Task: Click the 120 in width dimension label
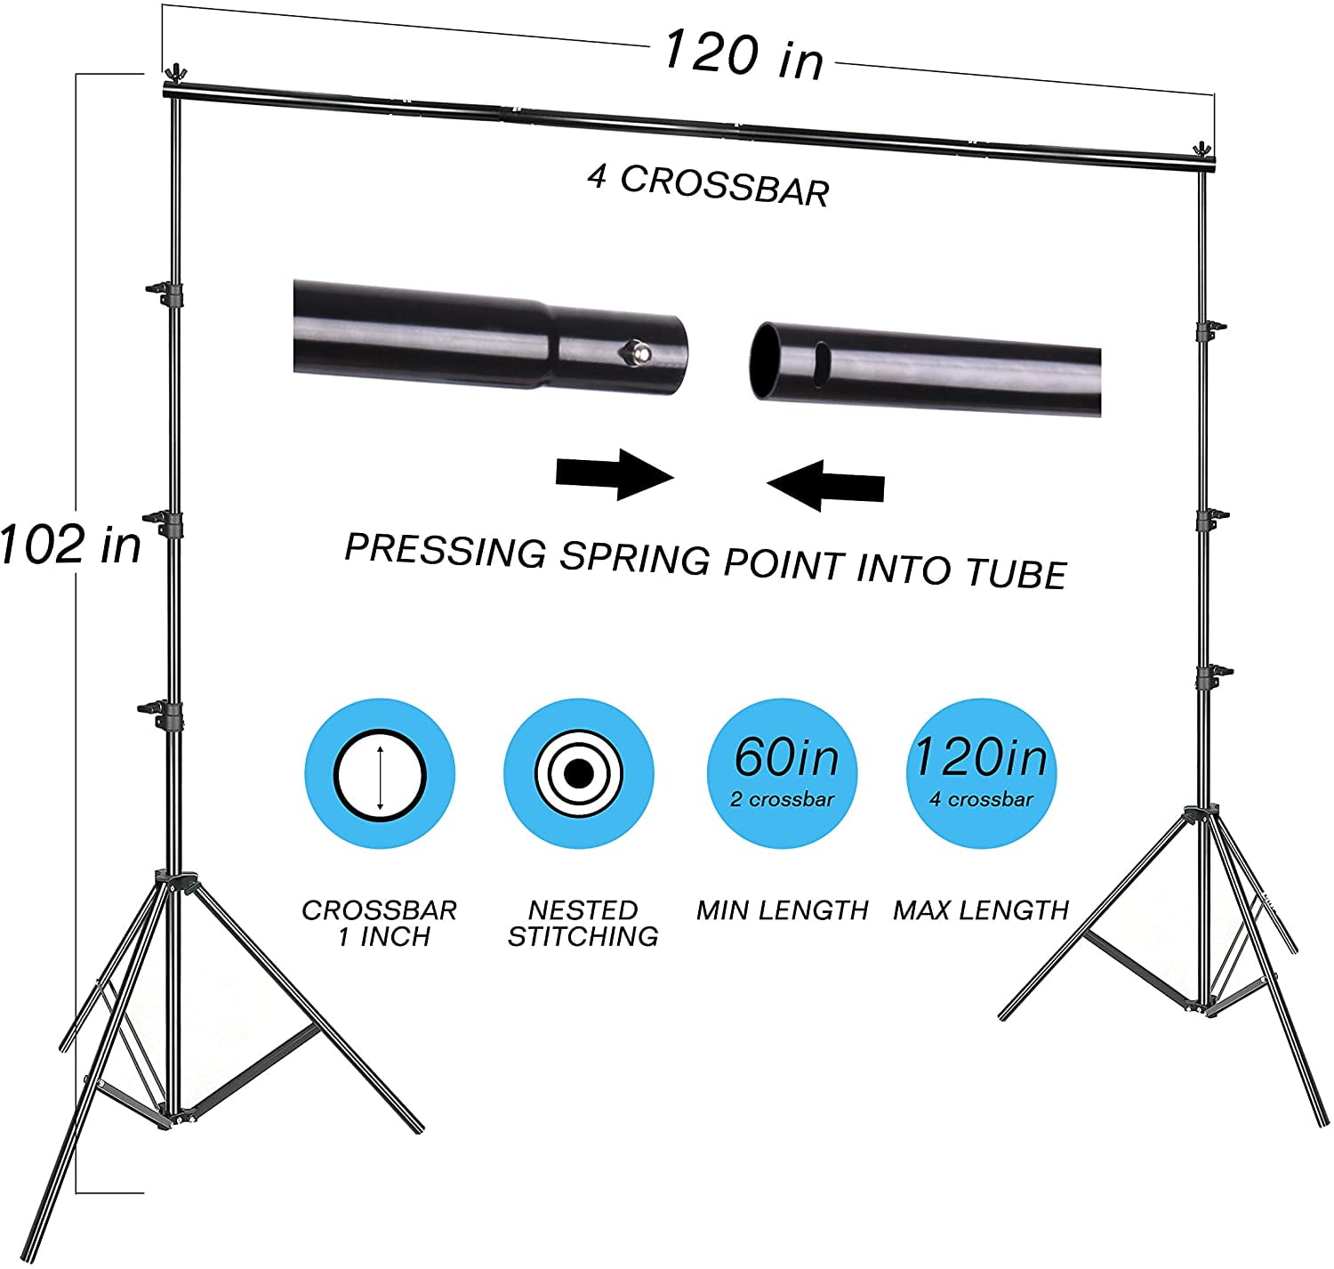pyautogui.click(x=743, y=55)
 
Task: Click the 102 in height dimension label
pyautogui.click(x=70, y=544)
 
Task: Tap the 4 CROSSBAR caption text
pyautogui.click(x=709, y=185)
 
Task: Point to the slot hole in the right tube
pyautogui.click(x=823, y=364)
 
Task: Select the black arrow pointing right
pyautogui.click(x=615, y=474)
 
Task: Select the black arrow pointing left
pyautogui.click(x=825, y=485)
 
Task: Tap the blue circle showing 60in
pyautogui.click(x=783, y=773)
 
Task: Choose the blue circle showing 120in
pyautogui.click(x=981, y=773)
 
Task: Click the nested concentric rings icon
pyautogui.click(x=579, y=773)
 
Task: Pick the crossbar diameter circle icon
pyautogui.click(x=380, y=775)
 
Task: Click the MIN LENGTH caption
pyautogui.click(x=783, y=910)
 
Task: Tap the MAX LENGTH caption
pyautogui.click(x=981, y=910)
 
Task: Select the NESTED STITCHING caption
pyautogui.click(x=583, y=924)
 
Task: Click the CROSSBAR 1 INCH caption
pyautogui.click(x=380, y=924)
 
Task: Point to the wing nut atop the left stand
pyautogui.click(x=175, y=73)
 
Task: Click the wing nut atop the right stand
pyautogui.click(x=1201, y=150)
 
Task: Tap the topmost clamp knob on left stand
pyautogui.click(x=163, y=293)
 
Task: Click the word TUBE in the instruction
pyautogui.click(x=1017, y=573)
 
